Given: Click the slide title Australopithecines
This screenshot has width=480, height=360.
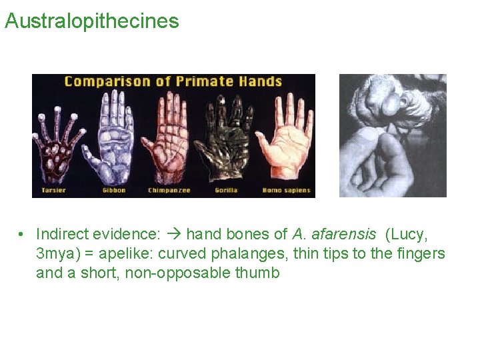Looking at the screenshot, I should click(x=91, y=21).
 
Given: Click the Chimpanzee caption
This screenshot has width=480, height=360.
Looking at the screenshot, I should click(x=169, y=191).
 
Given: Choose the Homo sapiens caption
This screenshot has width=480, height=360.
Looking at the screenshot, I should click(x=286, y=191).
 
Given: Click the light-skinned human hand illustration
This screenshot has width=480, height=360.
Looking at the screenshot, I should click(x=287, y=140).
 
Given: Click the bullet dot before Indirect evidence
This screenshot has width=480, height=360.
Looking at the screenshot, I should click(x=22, y=235).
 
